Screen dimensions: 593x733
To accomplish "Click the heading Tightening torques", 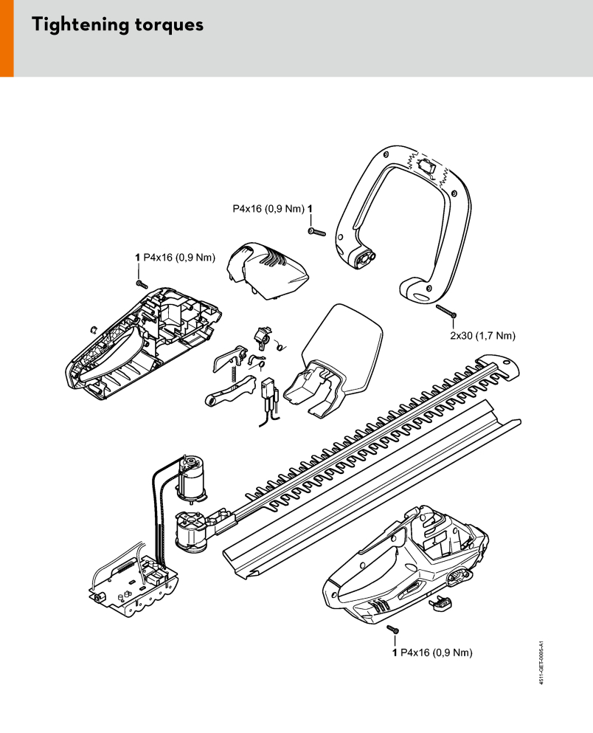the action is (x=118, y=25).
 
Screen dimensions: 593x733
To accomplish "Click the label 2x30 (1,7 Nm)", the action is (x=483, y=336).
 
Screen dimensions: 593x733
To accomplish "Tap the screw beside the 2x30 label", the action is (x=446, y=311).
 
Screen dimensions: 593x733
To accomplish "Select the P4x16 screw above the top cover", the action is (x=317, y=232).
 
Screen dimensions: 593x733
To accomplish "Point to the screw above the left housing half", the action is (x=142, y=283).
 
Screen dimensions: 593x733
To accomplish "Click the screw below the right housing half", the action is (x=393, y=629).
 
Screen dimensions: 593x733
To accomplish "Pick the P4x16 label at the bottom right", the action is (x=436, y=653).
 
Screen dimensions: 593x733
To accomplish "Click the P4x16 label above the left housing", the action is (x=179, y=258).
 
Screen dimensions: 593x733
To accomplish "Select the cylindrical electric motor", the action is (x=190, y=478).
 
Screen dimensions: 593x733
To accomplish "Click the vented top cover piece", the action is (x=267, y=271).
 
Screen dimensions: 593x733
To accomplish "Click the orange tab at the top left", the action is (x=7, y=38).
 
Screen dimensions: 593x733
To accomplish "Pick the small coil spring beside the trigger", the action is (x=282, y=346).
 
